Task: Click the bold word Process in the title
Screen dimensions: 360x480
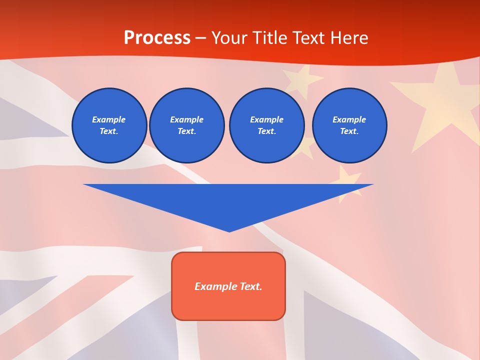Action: click(x=157, y=38)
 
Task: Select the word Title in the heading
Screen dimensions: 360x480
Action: click(x=269, y=38)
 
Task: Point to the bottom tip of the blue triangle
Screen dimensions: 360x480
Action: click(x=229, y=230)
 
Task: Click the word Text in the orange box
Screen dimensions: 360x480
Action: click(x=250, y=286)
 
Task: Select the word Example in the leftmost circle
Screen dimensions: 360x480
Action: click(x=109, y=119)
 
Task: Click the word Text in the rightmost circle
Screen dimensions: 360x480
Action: click(x=349, y=131)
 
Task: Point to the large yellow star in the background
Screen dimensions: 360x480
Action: click(x=445, y=102)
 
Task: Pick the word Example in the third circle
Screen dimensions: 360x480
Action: click(x=266, y=119)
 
